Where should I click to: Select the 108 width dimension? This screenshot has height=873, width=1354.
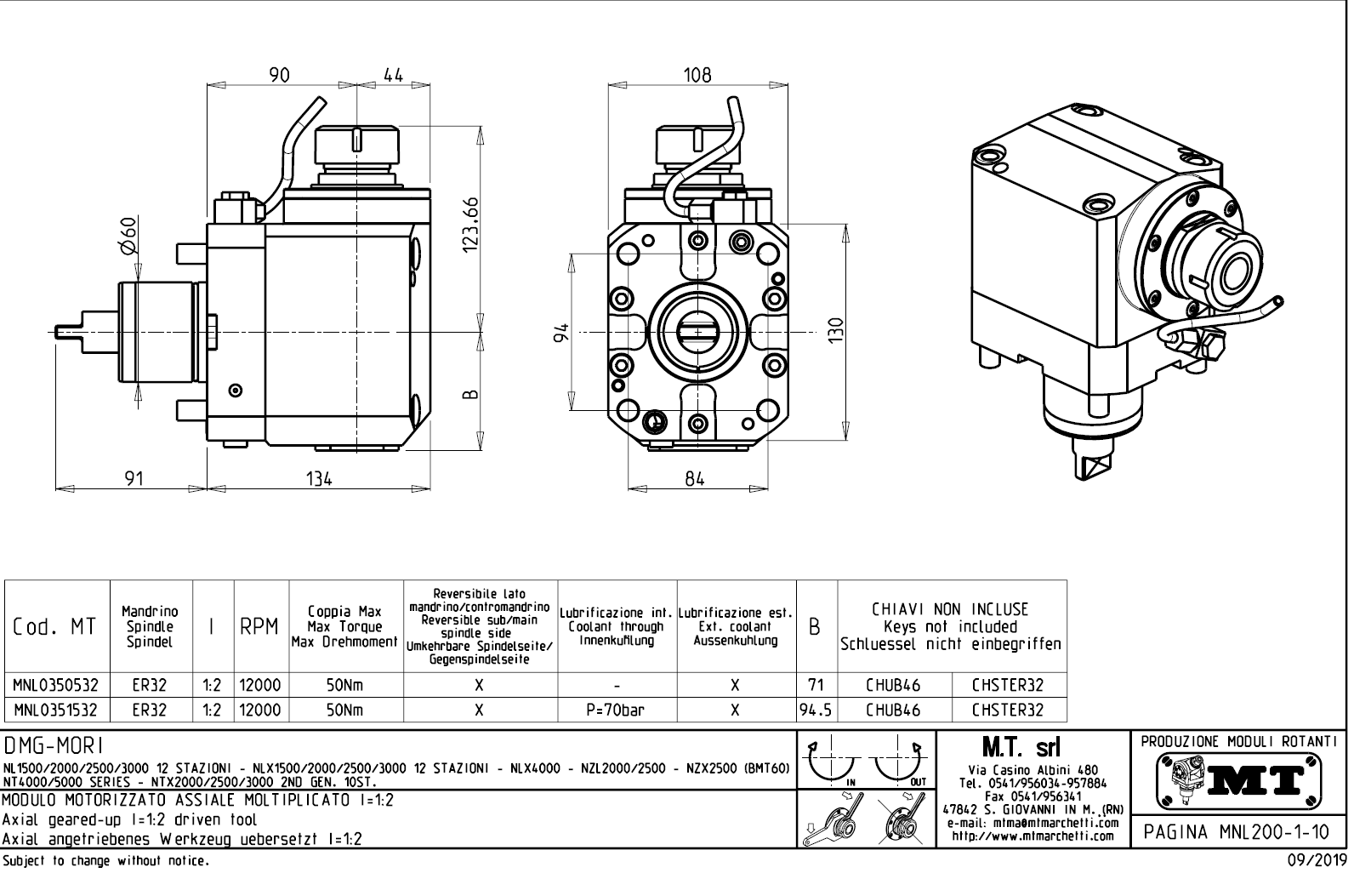[x=697, y=75]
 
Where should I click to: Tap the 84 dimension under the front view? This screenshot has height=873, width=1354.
[x=695, y=479]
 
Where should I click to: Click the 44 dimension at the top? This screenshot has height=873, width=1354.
[x=392, y=75]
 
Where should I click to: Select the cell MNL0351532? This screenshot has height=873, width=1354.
[x=56, y=710]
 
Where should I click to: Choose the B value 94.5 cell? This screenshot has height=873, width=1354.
[x=816, y=710]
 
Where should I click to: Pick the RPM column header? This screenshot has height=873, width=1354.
[x=259, y=627]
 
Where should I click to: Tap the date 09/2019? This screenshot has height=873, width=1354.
[x=1317, y=861]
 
